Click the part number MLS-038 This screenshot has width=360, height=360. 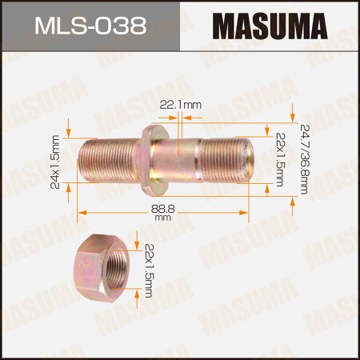click(x=90, y=27)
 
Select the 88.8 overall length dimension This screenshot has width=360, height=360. click(x=162, y=209)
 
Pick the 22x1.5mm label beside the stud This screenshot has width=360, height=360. click(x=280, y=158)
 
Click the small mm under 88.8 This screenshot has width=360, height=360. click(x=162, y=217)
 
